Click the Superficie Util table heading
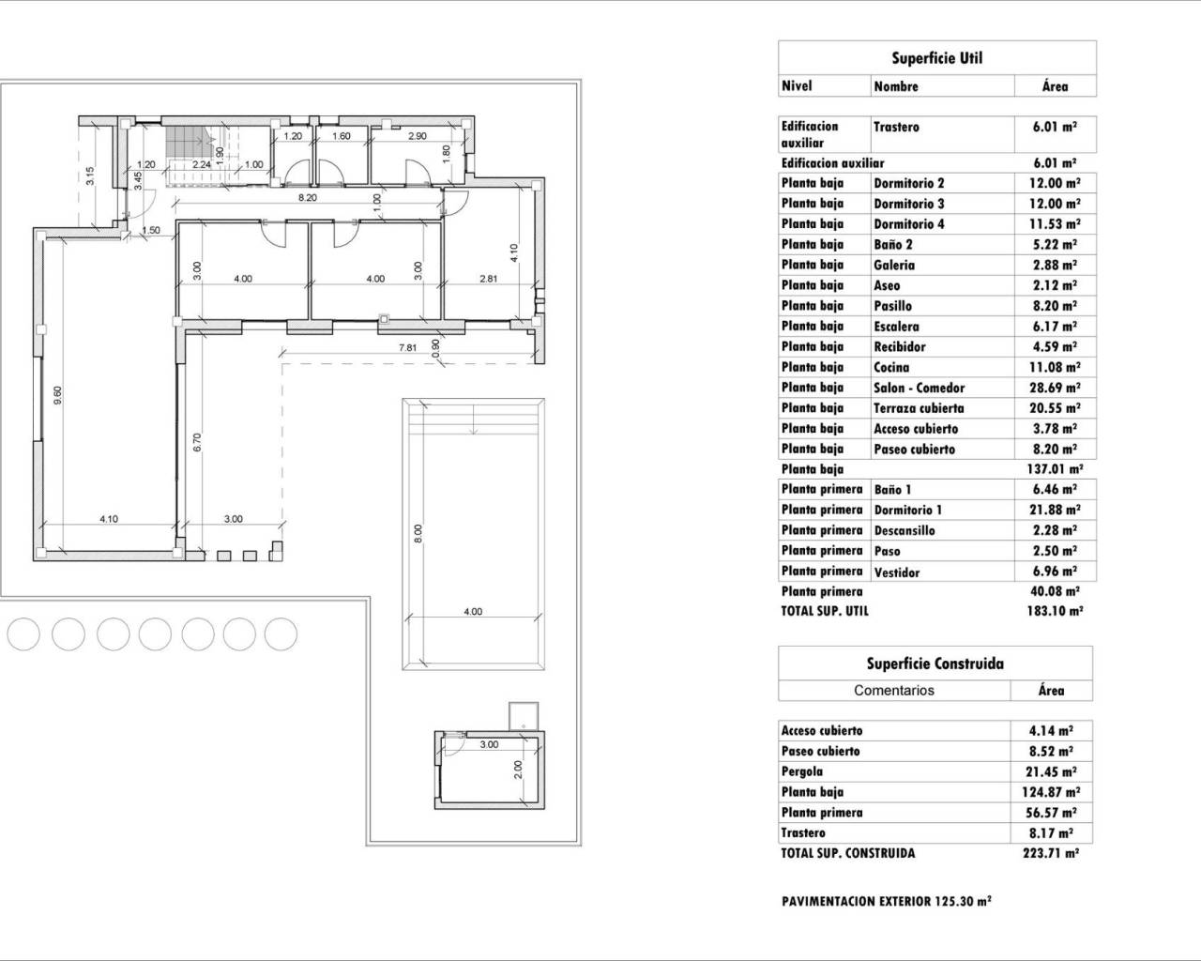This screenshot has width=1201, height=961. click(x=936, y=58)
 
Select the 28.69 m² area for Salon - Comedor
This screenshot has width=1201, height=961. click(x=1054, y=388)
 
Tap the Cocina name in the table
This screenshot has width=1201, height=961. click(x=891, y=368)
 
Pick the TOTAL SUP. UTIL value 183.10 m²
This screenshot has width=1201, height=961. click(x=1053, y=611)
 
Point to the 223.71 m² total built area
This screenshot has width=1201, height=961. click(x=1050, y=853)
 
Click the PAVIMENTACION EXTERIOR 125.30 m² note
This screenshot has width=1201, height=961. click(x=886, y=901)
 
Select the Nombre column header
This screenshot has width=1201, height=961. click(x=896, y=86)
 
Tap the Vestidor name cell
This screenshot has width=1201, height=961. click(x=896, y=572)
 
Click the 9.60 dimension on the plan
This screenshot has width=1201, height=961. click(x=58, y=395)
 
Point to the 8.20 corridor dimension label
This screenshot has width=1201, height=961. click(x=306, y=199)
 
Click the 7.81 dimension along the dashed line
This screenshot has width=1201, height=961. click(x=407, y=348)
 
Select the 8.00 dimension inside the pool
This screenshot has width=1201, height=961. click(x=419, y=532)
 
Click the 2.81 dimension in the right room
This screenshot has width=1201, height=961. click(x=488, y=279)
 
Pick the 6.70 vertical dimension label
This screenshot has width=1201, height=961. click(x=197, y=442)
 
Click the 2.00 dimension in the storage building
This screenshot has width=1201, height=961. click(x=517, y=769)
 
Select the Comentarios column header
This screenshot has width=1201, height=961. click(x=893, y=690)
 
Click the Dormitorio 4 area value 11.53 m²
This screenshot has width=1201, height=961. click(x=1054, y=224)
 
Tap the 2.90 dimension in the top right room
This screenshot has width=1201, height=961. click(x=418, y=137)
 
